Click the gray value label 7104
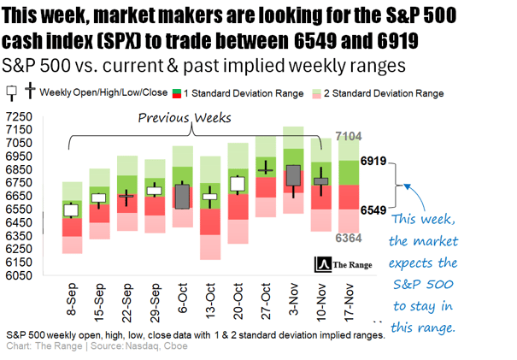pyautogui.click(x=349, y=136)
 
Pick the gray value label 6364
pyautogui.click(x=349, y=238)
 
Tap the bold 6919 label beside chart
pyautogui.click(x=374, y=161)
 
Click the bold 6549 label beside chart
pyautogui.click(x=374, y=210)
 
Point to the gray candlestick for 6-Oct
pyautogui.click(x=182, y=196)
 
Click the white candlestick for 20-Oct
pyautogui.click(x=237, y=184)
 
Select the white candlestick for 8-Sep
pyautogui.click(x=72, y=210)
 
